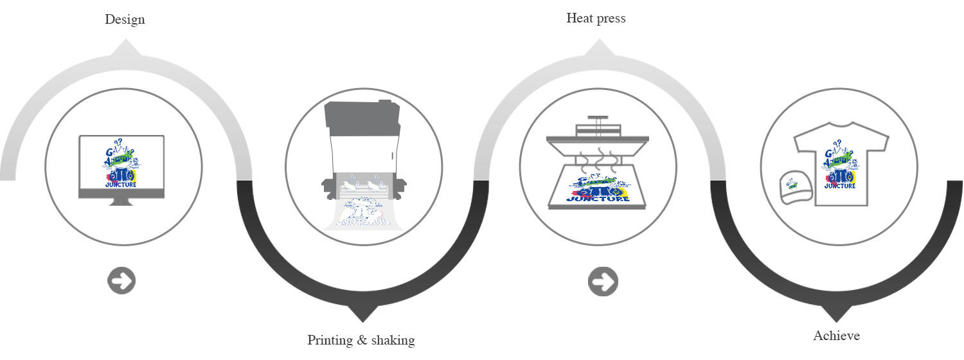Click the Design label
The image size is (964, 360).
pyautogui.click(x=125, y=19)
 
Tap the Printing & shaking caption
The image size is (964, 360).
pyautogui.click(x=361, y=340)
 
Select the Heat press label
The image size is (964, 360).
pyautogui.click(x=596, y=18)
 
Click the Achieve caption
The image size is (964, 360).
pyautogui.click(x=836, y=336)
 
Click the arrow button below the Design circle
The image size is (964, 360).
pyautogui.click(x=121, y=281)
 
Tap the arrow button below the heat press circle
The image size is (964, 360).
pyautogui.click(x=602, y=282)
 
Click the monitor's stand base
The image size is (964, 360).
pyautogui.click(x=121, y=202)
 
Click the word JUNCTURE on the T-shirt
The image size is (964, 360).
pyautogui.click(x=840, y=186)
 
